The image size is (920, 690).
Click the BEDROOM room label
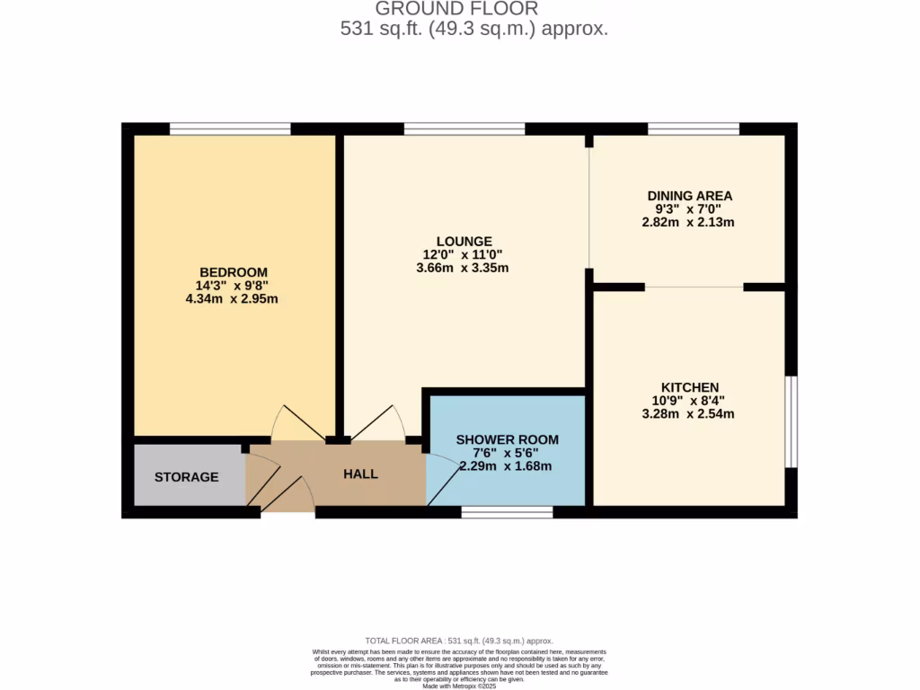(234, 272)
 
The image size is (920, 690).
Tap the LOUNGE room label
(464, 241)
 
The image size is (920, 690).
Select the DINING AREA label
(690, 195)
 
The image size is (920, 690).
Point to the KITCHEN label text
(690, 387)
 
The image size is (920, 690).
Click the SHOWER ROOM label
(508, 439)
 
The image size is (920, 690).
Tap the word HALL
(360, 473)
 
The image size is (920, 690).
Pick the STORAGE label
(186, 476)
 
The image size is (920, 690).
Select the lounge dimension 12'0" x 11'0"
(464, 254)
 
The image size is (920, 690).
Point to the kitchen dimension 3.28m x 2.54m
(690, 414)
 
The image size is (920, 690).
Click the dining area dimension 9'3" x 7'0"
(690, 208)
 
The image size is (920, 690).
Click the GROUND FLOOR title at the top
(456, 9)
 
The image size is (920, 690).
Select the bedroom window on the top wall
(230, 128)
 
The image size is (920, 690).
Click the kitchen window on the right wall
(791, 421)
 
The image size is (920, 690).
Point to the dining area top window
(694, 128)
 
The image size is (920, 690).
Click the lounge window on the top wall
(464, 128)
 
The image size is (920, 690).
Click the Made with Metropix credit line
(459, 686)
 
